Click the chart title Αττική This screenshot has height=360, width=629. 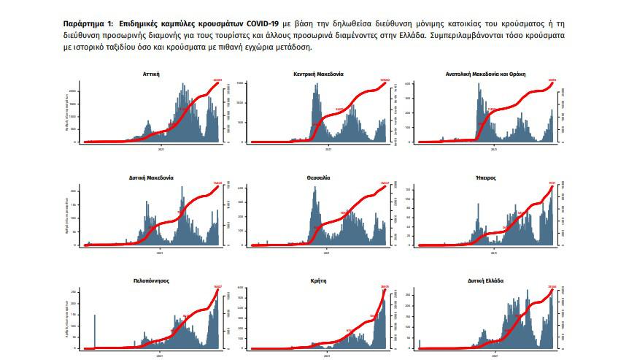152,74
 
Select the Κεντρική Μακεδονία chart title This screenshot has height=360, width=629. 318,74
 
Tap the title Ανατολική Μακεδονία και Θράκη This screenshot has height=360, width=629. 486,74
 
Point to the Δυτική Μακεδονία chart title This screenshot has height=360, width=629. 152,177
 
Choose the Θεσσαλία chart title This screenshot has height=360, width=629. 318,177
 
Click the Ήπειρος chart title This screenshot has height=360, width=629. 486,177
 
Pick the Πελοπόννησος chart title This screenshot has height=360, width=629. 152,280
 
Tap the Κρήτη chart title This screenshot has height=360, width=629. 318,280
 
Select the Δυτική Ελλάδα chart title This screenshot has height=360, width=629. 486,280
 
